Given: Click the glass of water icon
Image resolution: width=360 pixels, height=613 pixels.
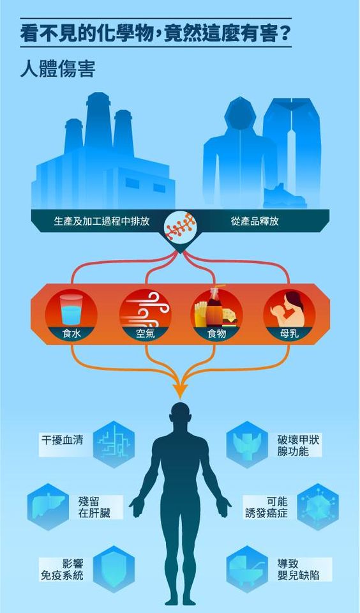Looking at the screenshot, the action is click(71, 310).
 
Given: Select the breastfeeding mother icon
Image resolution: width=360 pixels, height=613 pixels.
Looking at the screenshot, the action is click(290, 309).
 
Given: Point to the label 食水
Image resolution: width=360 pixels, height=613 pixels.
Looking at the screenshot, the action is click(71, 334).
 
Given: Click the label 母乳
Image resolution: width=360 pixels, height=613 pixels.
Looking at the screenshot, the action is click(290, 334).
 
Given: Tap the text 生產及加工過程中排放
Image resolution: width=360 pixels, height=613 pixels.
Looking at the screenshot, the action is click(101, 222).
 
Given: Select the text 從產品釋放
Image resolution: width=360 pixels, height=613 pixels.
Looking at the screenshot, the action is click(255, 222).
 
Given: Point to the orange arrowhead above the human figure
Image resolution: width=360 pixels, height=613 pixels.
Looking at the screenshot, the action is click(180, 390).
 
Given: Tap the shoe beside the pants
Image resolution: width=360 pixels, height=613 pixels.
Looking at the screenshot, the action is click(284, 197).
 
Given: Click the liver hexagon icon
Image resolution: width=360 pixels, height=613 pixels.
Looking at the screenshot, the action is click(48, 506).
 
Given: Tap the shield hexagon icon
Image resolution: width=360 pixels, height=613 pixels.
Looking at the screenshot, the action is click(114, 569).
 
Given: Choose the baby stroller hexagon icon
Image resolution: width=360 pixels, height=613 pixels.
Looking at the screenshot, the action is click(247, 569).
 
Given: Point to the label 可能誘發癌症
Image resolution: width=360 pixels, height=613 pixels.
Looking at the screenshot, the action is click(267, 506).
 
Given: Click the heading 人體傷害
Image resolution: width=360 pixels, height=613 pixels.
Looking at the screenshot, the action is click(58, 69).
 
